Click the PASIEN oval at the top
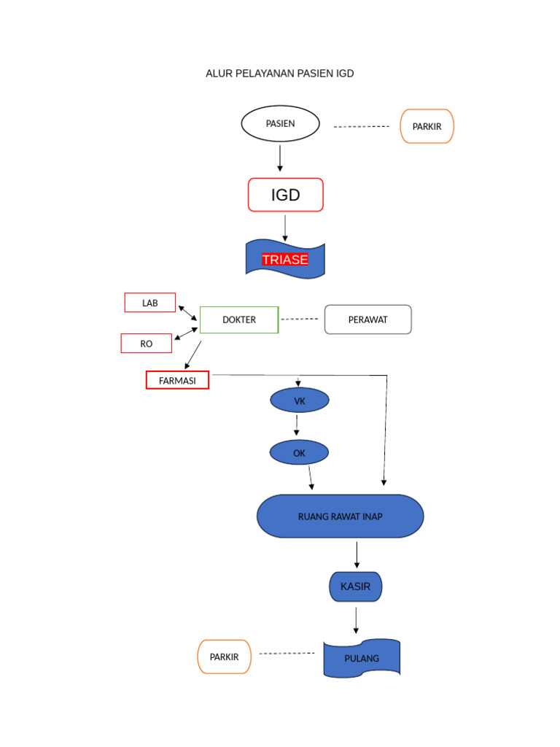[281, 124]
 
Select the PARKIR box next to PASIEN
[427, 126]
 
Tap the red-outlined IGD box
[285, 195]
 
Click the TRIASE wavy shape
[285, 260]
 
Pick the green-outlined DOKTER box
[239, 320]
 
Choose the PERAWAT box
[367, 320]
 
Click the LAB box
[150, 303]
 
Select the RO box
[147, 344]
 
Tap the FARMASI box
[177, 380]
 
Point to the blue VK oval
[300, 400]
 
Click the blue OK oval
[299, 453]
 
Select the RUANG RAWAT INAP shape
[340, 516]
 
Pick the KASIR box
[355, 587]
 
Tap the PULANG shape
[362, 658]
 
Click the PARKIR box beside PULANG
[224, 657]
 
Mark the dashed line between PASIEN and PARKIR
[361, 127]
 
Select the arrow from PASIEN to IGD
[280, 158]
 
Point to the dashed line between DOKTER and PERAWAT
[300, 320]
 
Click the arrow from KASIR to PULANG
[356, 620]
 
